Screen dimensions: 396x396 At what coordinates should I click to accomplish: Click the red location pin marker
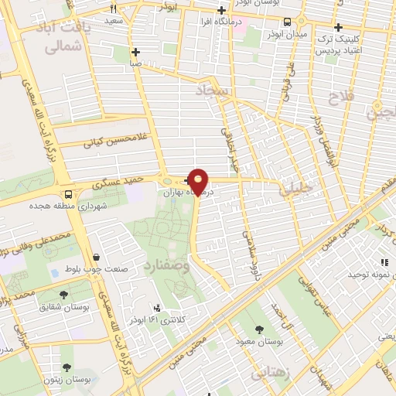199,181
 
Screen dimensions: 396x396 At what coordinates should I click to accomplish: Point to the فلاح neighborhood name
340,98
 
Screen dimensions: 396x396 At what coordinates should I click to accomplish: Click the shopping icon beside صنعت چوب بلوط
95,257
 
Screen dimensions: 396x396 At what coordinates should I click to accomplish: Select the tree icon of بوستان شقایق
64,295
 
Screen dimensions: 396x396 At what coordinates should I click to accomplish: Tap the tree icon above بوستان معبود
258,329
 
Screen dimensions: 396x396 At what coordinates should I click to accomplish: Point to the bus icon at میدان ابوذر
288,22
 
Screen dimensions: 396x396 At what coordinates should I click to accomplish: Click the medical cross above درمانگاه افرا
222,11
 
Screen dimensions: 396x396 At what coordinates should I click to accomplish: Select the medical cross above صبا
135,52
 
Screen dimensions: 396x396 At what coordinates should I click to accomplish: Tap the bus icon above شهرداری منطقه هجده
69,194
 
